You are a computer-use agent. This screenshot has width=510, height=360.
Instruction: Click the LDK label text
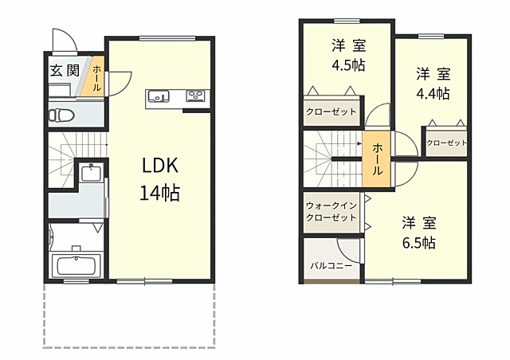click(x=160, y=165)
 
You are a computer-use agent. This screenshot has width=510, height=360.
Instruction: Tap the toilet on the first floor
click(x=61, y=115)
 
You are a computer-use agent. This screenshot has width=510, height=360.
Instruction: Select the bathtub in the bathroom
click(x=76, y=264)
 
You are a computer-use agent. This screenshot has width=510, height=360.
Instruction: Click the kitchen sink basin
click(x=159, y=96)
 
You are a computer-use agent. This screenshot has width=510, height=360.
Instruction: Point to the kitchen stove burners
click(x=195, y=96)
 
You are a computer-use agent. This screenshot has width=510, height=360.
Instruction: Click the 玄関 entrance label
click(x=65, y=71)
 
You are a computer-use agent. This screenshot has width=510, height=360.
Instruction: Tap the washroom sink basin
click(x=91, y=172)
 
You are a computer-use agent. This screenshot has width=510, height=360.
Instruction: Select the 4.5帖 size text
click(x=348, y=65)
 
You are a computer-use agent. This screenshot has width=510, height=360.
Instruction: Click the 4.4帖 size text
click(x=433, y=94)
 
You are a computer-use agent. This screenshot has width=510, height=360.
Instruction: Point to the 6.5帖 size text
click(x=419, y=243)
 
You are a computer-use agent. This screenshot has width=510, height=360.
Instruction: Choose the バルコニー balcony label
click(x=331, y=266)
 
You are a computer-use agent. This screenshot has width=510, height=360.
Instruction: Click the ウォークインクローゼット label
click(x=331, y=211)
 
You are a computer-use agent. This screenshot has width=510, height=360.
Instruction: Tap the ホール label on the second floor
click(x=377, y=159)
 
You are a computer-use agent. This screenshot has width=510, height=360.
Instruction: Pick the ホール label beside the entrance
click(x=96, y=78)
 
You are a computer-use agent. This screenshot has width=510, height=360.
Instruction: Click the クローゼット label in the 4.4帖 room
click(x=446, y=143)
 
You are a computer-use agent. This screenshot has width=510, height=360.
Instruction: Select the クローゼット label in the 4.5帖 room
click(x=331, y=112)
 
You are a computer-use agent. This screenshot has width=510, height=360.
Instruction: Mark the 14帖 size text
click(x=159, y=194)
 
